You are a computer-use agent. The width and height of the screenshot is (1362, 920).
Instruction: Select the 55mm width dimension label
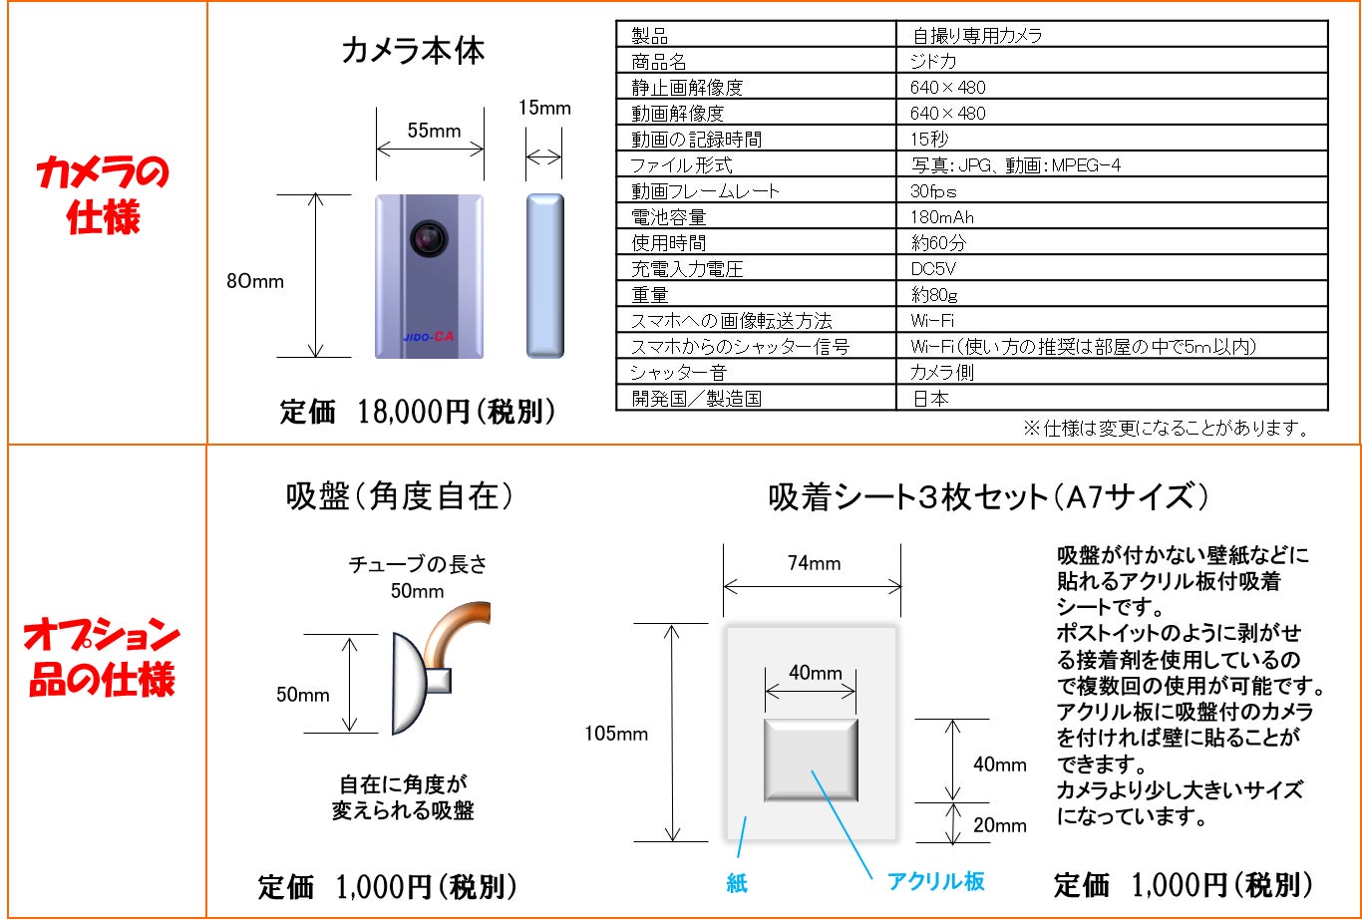click(434, 130)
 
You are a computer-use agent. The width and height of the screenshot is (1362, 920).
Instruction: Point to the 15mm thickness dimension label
click(544, 108)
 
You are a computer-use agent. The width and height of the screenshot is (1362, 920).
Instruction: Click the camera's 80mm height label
click(255, 281)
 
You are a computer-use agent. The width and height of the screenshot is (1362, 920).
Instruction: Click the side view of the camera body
click(544, 275)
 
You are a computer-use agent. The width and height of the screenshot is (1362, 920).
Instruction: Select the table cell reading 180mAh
click(942, 217)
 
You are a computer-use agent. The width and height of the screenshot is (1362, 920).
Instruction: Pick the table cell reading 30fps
click(933, 191)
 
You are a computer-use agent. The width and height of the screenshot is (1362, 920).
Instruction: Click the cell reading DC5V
click(934, 269)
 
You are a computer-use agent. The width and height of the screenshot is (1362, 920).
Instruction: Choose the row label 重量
click(649, 295)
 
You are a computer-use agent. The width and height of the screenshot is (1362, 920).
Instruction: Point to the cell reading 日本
click(929, 399)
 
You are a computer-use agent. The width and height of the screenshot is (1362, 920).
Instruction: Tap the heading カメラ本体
click(413, 51)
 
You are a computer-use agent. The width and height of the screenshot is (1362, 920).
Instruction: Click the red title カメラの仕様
click(104, 195)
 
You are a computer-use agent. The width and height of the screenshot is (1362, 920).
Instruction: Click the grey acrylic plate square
click(811, 759)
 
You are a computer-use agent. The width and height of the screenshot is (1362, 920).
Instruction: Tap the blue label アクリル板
click(935, 881)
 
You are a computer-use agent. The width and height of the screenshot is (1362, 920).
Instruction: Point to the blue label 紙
click(737, 883)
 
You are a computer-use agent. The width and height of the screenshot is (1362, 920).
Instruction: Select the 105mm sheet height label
click(616, 735)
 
